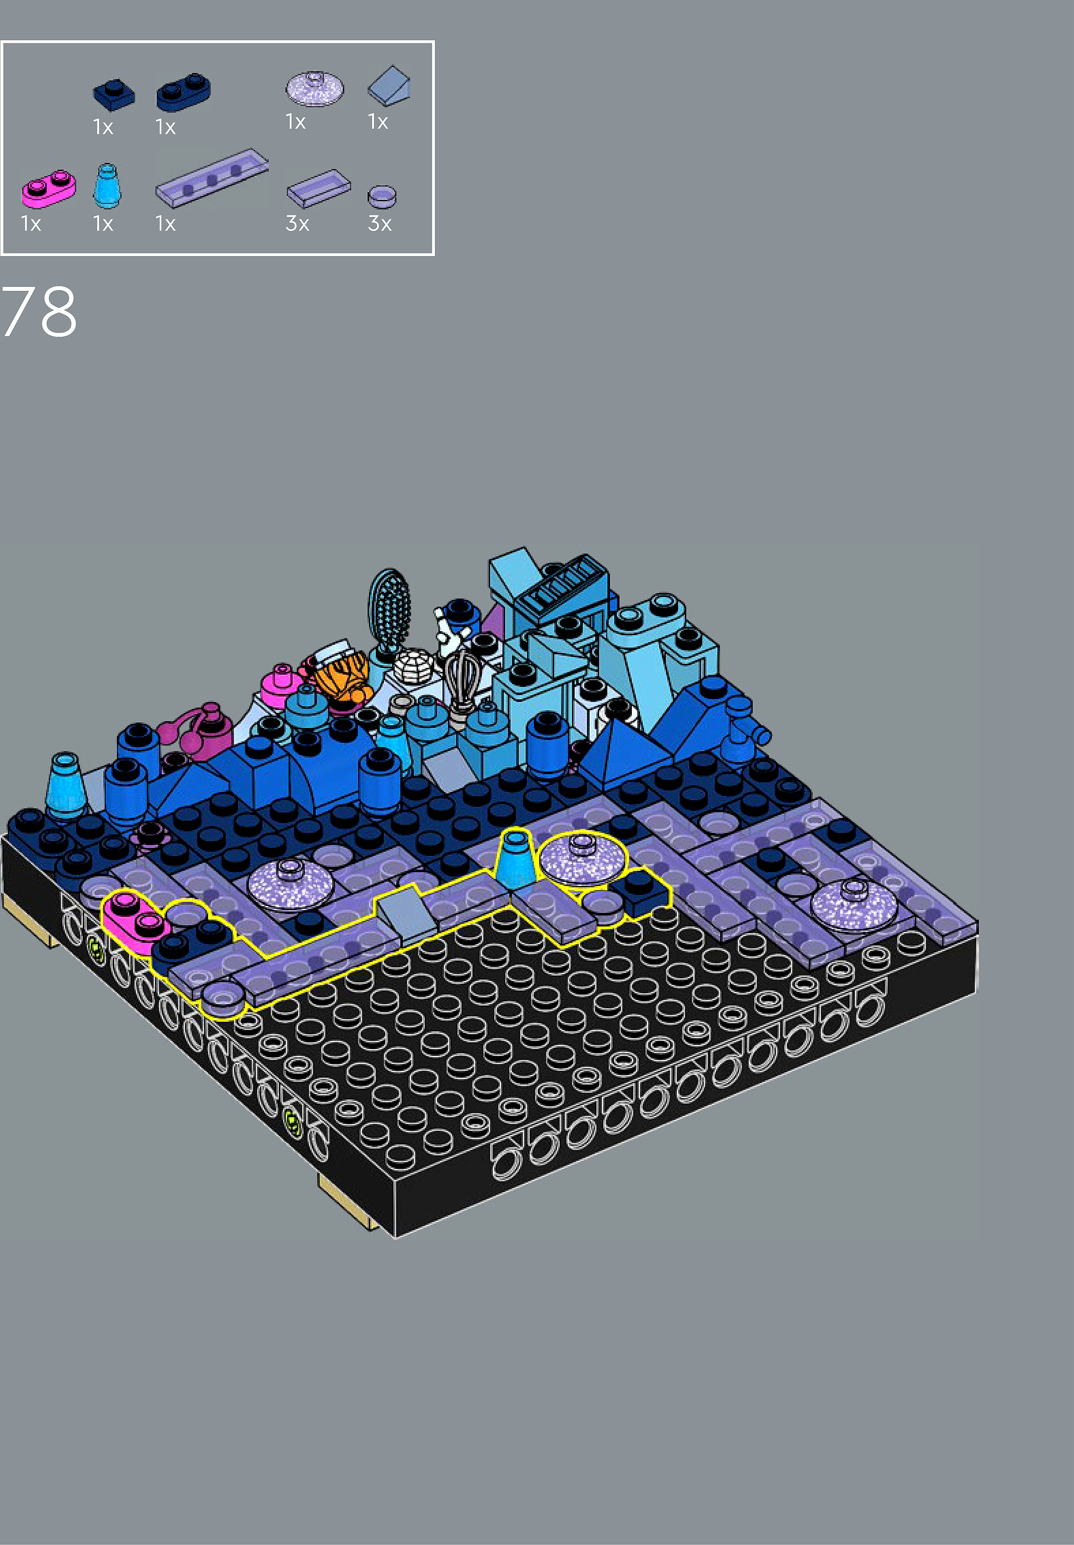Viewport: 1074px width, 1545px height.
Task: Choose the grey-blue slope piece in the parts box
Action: click(x=389, y=85)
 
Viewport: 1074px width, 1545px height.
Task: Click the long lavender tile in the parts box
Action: click(x=212, y=178)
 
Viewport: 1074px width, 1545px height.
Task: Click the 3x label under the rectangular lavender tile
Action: click(x=297, y=223)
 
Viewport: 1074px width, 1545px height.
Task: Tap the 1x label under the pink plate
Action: click(x=31, y=223)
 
